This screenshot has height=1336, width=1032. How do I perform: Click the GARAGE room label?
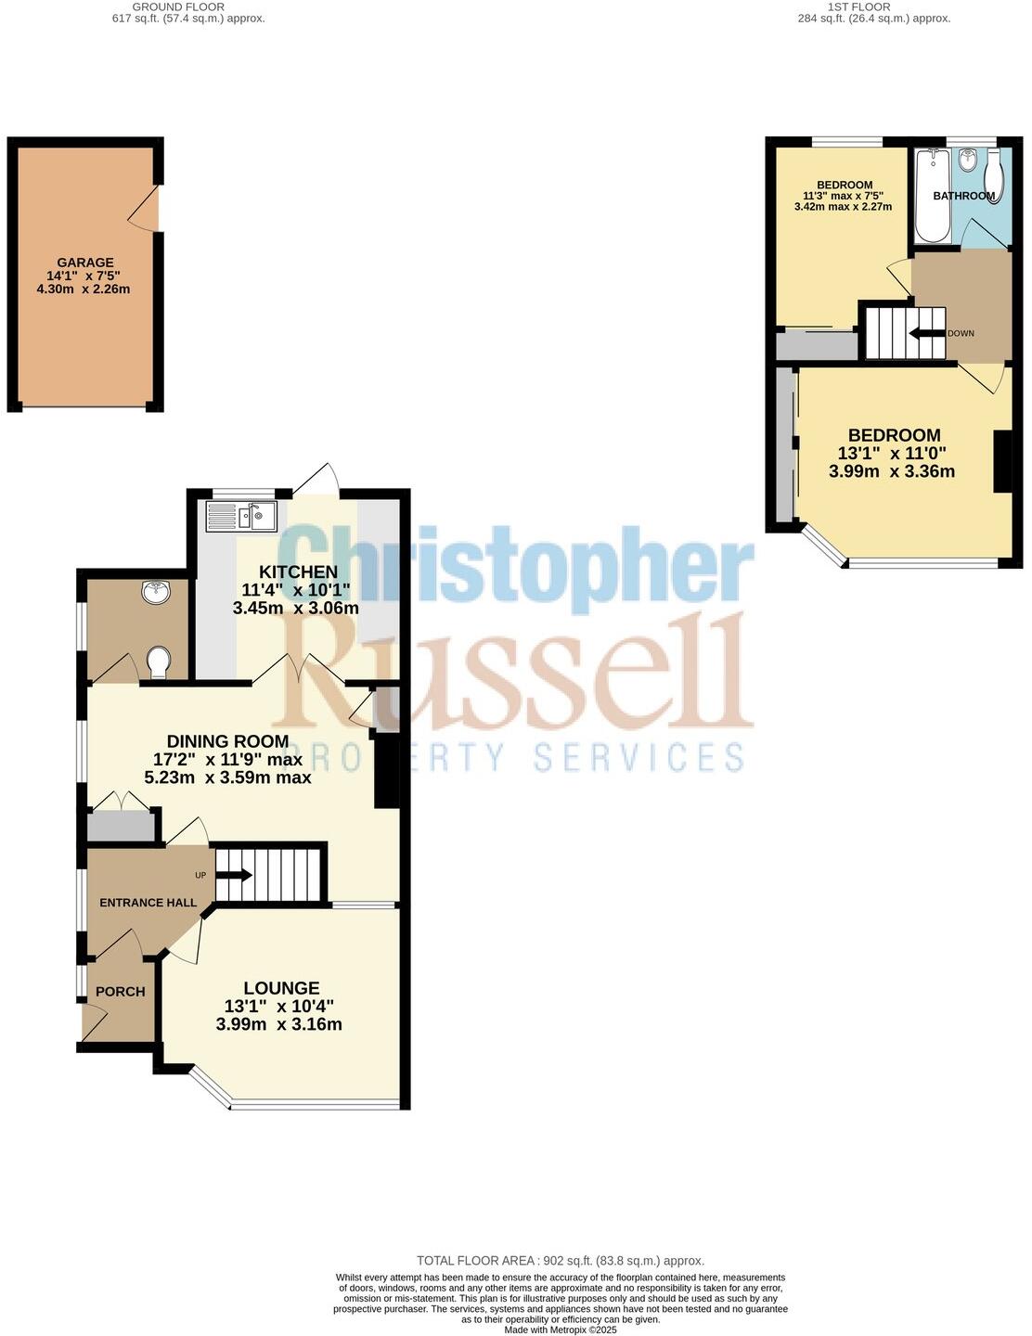(x=84, y=263)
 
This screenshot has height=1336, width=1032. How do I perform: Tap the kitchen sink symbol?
(x=240, y=516)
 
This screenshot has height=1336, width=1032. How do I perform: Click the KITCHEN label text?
(x=297, y=572)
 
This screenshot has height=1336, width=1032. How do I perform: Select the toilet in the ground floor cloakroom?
(x=159, y=662)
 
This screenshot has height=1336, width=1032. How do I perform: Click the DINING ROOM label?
(x=227, y=741)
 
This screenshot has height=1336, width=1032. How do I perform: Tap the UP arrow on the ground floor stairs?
(x=235, y=875)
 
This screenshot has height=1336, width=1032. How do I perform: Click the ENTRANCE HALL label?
(x=148, y=903)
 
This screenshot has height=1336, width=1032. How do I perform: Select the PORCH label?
(x=121, y=991)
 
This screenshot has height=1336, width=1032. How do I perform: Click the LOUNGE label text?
(x=281, y=988)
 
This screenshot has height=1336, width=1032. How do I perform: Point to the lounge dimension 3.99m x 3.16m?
(x=278, y=1024)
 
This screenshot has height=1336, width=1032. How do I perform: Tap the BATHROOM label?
(x=963, y=196)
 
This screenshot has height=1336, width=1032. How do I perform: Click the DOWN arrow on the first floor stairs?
(x=926, y=333)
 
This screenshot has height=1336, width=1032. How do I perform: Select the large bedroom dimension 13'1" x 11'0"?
(x=891, y=454)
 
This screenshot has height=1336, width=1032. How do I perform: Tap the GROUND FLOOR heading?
(x=188, y=6)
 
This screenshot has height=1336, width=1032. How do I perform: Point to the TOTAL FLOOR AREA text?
(x=560, y=1260)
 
